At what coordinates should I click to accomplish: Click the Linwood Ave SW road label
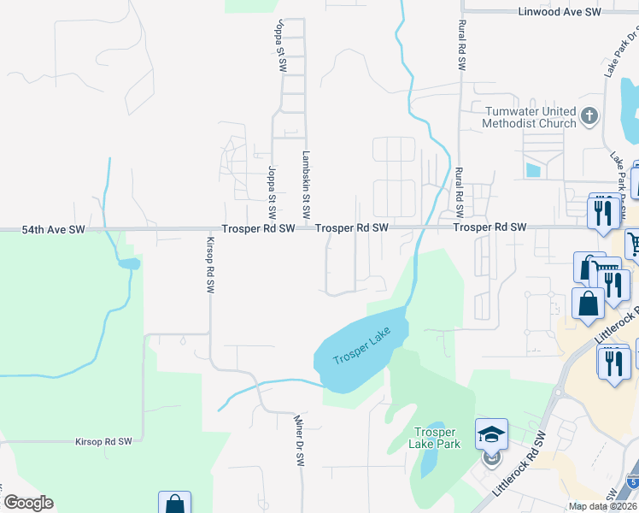(x=560, y=12)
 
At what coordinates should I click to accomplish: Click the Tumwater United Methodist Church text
(x=531, y=117)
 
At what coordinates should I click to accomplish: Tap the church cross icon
(x=589, y=116)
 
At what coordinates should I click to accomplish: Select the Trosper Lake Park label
(x=437, y=438)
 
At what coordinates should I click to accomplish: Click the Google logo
(x=28, y=503)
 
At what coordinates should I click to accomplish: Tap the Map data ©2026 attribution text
(x=601, y=506)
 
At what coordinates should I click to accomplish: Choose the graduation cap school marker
(x=492, y=434)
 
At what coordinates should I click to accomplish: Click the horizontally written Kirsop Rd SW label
(x=103, y=441)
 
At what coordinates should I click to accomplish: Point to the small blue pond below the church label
(x=533, y=169)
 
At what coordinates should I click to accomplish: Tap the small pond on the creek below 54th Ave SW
(x=128, y=263)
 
